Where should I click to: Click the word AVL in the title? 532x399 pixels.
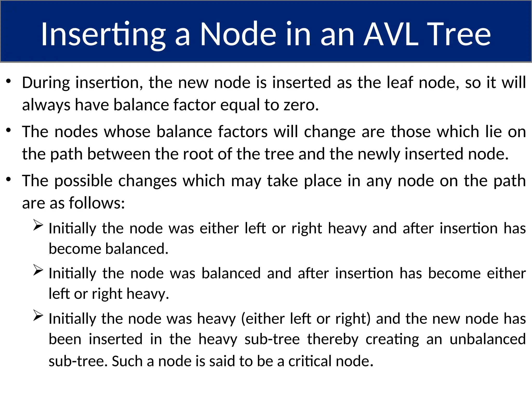click(x=391, y=34)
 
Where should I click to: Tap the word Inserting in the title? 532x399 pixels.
click(x=103, y=35)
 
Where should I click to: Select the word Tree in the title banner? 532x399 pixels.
click(x=459, y=34)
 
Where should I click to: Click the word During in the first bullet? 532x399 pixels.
click(x=46, y=83)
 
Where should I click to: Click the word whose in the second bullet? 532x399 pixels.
click(x=127, y=132)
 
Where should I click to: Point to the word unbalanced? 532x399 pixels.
click(x=488, y=339)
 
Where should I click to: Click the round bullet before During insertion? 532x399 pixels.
click(x=9, y=81)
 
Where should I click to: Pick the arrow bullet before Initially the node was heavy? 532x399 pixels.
click(x=38, y=316)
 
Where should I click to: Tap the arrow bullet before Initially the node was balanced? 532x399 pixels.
click(x=38, y=271)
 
